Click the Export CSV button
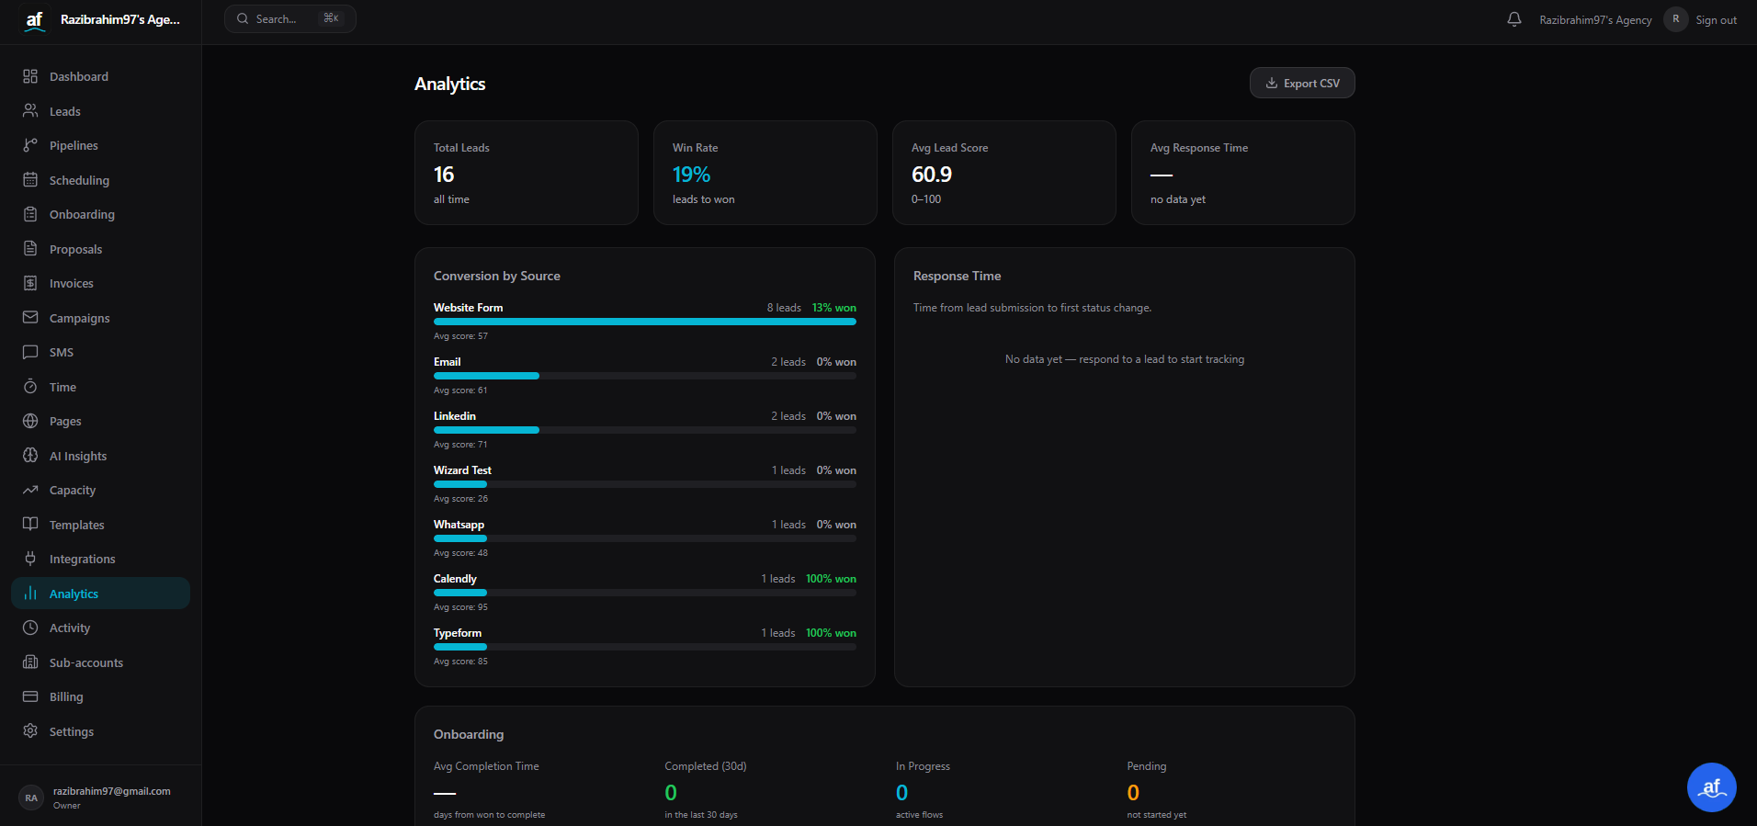click(x=1302, y=84)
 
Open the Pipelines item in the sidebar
click(x=74, y=146)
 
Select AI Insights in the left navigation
click(x=77, y=457)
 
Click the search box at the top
click(x=289, y=19)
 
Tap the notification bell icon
click(x=1514, y=19)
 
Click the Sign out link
click(x=1716, y=20)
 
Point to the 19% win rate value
click(x=691, y=175)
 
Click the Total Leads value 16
click(x=444, y=175)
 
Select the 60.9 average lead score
click(x=931, y=175)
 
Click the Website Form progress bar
click(x=644, y=322)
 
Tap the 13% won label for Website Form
click(x=833, y=308)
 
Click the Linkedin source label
click(x=455, y=416)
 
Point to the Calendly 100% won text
click(x=831, y=579)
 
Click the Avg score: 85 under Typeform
click(x=460, y=662)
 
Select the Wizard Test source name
click(x=462, y=470)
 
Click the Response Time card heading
click(x=957, y=276)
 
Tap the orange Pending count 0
click(x=1133, y=793)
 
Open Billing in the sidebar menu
click(x=66, y=697)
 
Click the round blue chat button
click(x=1711, y=787)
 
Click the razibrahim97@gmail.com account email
click(x=111, y=791)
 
